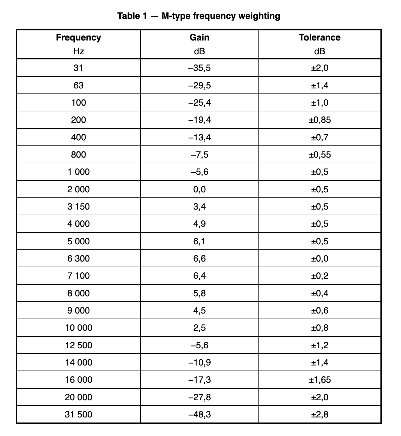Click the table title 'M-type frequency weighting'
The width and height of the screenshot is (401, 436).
pos(199,16)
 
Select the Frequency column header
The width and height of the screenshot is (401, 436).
pos(79,37)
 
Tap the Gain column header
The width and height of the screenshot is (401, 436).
pos(199,37)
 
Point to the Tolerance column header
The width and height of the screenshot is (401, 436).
pos(319,37)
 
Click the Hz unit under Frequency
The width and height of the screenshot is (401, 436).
pos(79,51)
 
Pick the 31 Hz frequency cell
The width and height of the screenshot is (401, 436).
pos(78,68)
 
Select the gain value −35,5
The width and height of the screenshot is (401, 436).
pos(199,68)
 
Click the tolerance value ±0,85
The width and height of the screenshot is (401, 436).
pos(319,120)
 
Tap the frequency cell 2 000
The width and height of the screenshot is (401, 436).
pos(79,189)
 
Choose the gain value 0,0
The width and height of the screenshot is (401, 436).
pos(199,189)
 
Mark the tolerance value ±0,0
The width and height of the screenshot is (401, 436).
pos(319,258)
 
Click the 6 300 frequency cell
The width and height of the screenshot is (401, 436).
pos(79,258)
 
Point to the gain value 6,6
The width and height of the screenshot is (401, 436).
pos(199,258)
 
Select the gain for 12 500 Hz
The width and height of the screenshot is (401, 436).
pos(199,345)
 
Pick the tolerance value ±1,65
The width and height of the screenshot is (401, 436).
pos(319,380)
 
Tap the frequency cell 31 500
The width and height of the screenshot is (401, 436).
pos(79,414)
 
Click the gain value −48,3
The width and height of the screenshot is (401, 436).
pos(199,414)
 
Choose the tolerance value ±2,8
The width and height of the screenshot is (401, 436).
pos(319,414)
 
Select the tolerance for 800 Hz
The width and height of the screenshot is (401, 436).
pos(319,155)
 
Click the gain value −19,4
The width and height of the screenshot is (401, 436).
pos(199,120)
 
